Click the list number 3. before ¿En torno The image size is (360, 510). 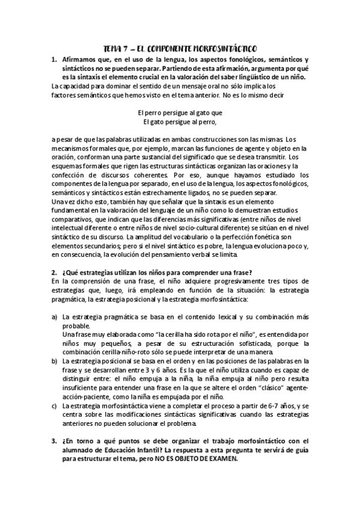[x=53, y=441]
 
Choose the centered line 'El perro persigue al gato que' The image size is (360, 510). [x=180, y=112]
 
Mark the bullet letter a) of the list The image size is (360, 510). [x=55, y=317]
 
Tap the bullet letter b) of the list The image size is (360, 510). [x=55, y=360]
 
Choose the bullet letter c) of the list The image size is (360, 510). [x=55, y=407]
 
